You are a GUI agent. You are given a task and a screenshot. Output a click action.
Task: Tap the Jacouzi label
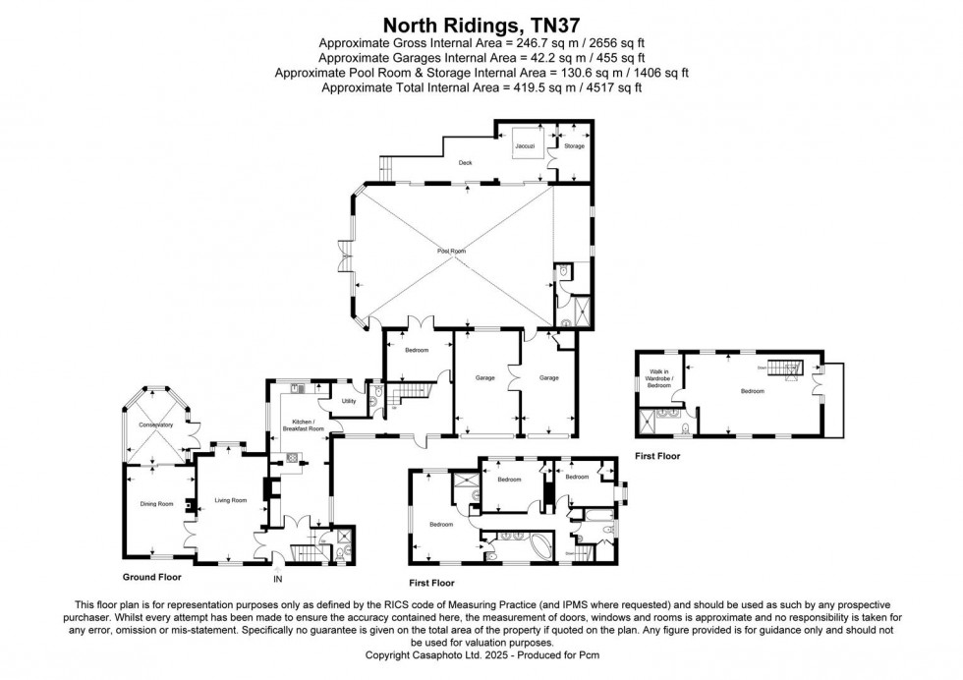click(x=526, y=146)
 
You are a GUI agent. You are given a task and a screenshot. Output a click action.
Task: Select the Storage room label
click(x=573, y=146)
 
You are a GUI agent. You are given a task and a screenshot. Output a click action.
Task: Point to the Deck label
click(x=465, y=163)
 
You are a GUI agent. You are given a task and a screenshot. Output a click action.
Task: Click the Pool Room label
click(x=452, y=252)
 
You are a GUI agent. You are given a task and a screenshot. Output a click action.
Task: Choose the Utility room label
click(x=348, y=401)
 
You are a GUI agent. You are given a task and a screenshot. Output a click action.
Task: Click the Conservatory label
click(x=155, y=425)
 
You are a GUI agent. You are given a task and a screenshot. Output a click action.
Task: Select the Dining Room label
click(x=157, y=504)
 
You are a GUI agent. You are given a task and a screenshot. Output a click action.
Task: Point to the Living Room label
click(x=230, y=501)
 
